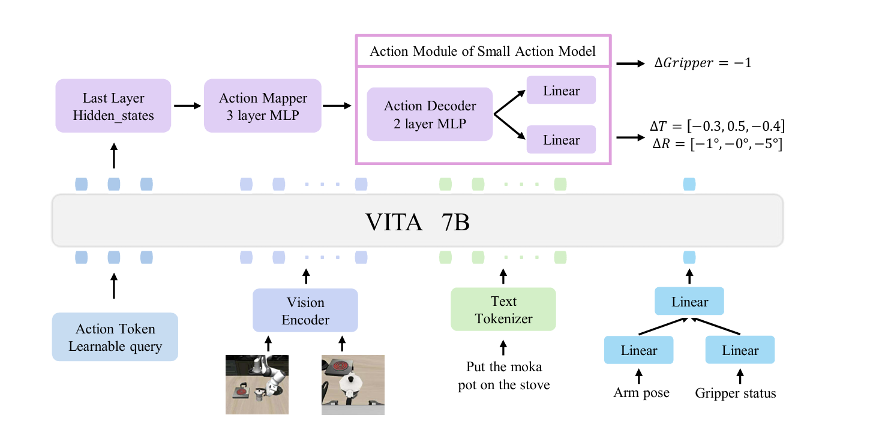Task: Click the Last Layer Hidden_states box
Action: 113,107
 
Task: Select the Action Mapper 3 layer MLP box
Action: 263,107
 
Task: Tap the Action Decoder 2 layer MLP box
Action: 430,115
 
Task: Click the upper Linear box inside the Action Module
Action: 561,91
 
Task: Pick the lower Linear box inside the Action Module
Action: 561,140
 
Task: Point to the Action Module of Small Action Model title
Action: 482,51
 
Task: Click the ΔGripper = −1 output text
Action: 702,62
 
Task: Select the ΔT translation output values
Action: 718,126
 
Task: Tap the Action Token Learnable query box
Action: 115,337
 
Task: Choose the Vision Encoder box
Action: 305,311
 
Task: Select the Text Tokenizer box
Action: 503,309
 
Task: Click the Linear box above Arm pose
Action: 639,350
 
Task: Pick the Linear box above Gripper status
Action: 740,350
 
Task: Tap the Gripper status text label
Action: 736,393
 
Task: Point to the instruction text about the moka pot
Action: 503,375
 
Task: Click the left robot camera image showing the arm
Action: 257,384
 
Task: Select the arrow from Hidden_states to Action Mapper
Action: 187,106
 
